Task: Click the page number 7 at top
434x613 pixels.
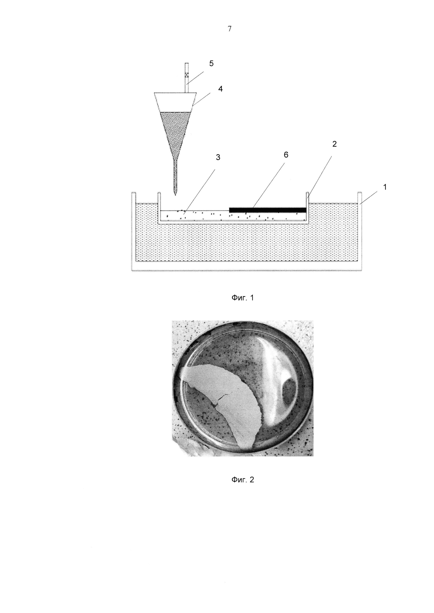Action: pyautogui.click(x=230, y=29)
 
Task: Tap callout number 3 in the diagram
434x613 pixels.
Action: pyautogui.click(x=218, y=157)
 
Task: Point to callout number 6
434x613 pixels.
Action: pyautogui.click(x=286, y=155)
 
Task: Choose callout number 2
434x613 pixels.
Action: pyautogui.click(x=334, y=144)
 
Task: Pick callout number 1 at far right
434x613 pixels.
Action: pyautogui.click(x=385, y=187)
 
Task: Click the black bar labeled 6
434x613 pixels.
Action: pyautogui.click(x=267, y=210)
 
